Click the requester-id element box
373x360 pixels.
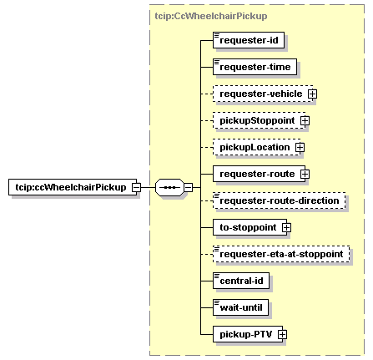tap(249, 40)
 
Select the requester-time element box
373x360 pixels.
tap(255, 67)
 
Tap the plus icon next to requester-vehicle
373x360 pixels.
tap(312, 94)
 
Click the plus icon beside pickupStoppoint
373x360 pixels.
tap(305, 120)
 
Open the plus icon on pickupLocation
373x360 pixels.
tap(300, 147)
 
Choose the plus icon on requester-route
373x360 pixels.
tap(305, 174)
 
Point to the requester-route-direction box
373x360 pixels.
tap(280, 200)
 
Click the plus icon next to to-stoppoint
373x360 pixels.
tap(286, 227)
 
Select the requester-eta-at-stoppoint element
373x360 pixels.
tap(281, 254)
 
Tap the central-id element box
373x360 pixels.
tap(241, 281)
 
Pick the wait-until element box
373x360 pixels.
tap(240, 307)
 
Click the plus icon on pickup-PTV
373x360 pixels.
tap(282, 334)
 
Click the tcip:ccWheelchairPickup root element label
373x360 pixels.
tap(71, 187)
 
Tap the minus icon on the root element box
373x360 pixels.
tap(136, 187)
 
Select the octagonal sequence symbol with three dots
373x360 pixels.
tap(169, 187)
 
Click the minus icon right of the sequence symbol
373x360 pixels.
tap(189, 187)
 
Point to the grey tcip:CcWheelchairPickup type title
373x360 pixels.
tap(211, 16)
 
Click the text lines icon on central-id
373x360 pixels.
tap(217, 276)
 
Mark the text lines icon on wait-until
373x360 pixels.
tap(217, 302)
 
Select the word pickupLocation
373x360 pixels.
tap(255, 147)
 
